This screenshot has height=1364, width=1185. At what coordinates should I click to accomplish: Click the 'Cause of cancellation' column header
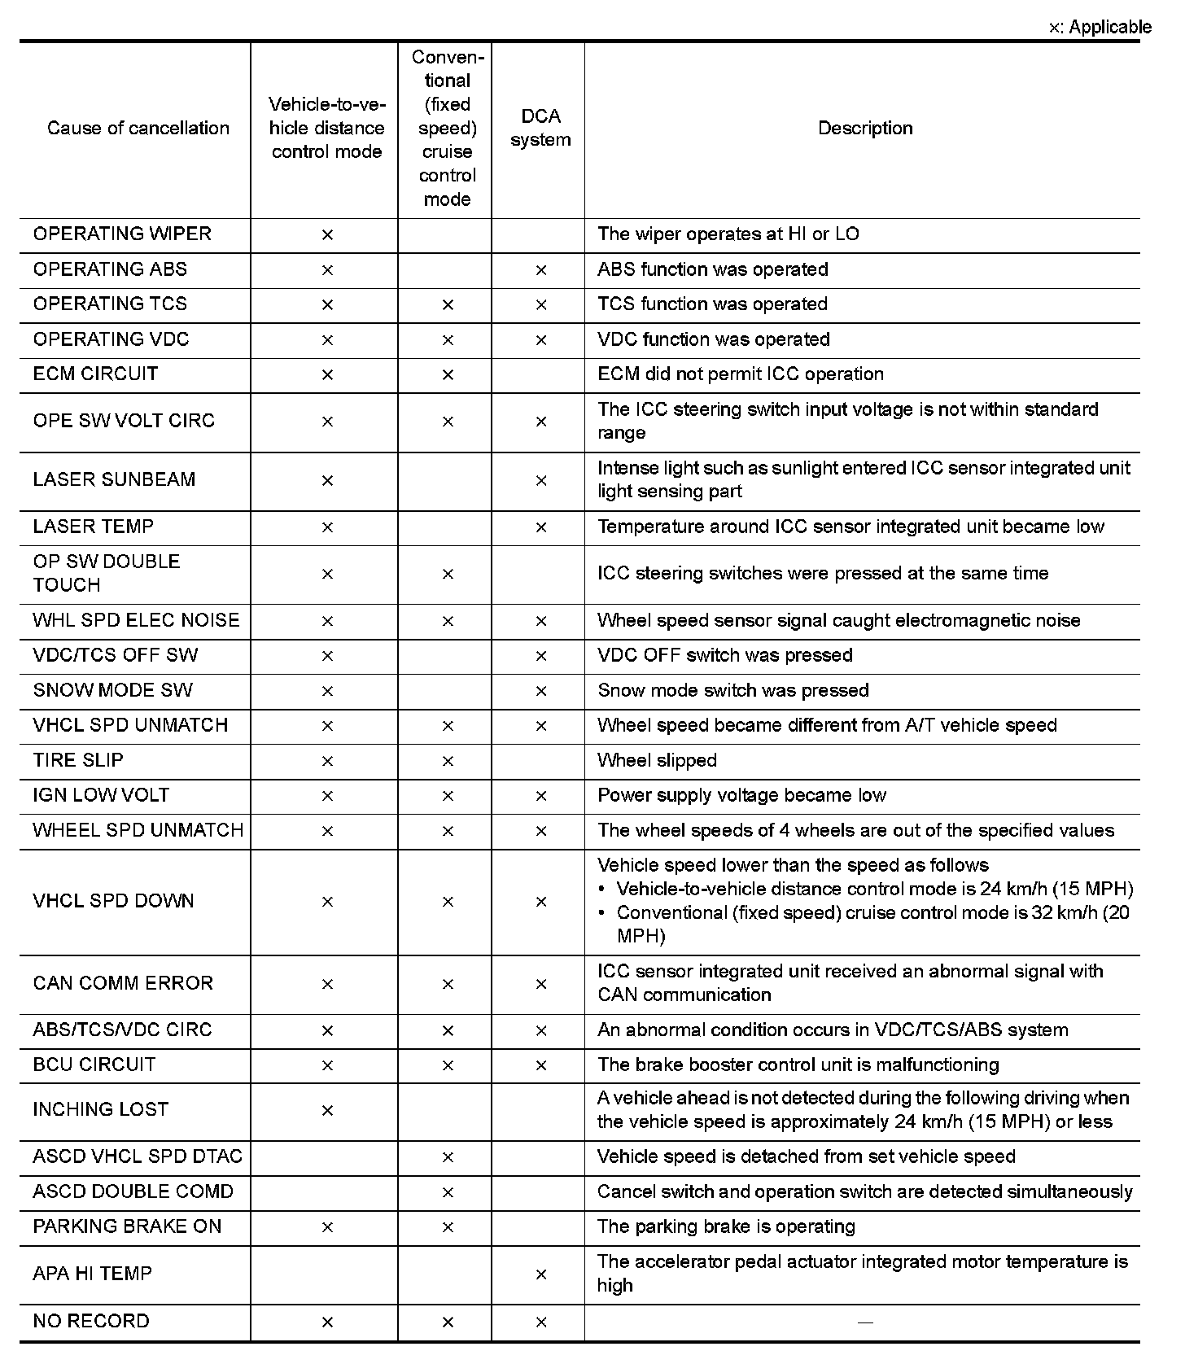pyautogui.click(x=138, y=128)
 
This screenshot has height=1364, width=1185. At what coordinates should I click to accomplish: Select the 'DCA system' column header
pyautogui.click(x=540, y=128)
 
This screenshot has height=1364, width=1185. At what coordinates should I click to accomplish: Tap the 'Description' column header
pyautogui.click(x=865, y=128)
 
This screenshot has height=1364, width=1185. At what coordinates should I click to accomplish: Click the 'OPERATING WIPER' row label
pyautogui.click(x=122, y=234)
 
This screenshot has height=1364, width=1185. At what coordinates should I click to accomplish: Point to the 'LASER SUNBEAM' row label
pyautogui.click(x=114, y=479)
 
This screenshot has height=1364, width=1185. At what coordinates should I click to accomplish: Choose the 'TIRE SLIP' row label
pyautogui.click(x=78, y=760)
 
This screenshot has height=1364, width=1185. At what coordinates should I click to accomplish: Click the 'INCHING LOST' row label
pyautogui.click(x=101, y=1109)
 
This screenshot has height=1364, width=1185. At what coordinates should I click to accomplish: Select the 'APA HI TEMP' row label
pyautogui.click(x=93, y=1274)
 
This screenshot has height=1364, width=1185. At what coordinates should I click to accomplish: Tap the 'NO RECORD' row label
pyautogui.click(x=91, y=1321)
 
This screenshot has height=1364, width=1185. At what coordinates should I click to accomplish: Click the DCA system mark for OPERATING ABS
pyautogui.click(x=540, y=270)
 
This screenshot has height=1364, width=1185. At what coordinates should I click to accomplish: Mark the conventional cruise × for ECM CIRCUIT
pyautogui.click(x=447, y=375)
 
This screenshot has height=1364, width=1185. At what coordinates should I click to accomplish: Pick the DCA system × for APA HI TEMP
pyautogui.click(x=540, y=1274)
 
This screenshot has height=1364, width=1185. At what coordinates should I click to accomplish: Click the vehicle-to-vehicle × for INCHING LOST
pyautogui.click(x=327, y=1111)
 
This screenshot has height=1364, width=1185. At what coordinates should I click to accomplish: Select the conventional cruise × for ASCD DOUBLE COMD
pyautogui.click(x=447, y=1192)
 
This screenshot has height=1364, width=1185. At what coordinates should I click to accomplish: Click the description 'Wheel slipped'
pyautogui.click(x=657, y=760)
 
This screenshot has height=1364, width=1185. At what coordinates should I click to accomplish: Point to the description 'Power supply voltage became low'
pyautogui.click(x=741, y=795)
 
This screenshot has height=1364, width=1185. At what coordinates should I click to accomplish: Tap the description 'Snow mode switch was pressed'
pyautogui.click(x=732, y=690)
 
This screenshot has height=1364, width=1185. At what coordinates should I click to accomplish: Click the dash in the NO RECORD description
pyautogui.click(x=865, y=1322)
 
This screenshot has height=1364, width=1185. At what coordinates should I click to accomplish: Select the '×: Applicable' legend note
pyautogui.click(x=1100, y=27)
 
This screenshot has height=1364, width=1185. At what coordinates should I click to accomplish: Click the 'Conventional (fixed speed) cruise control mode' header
pyautogui.click(x=447, y=128)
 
